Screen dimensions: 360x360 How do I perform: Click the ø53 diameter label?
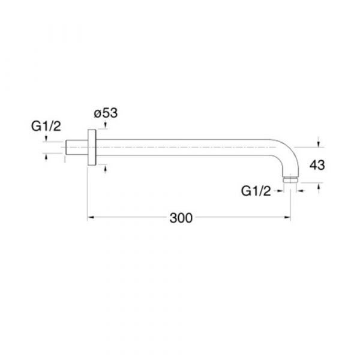click(106, 113)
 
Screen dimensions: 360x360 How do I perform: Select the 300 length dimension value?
click(181, 218)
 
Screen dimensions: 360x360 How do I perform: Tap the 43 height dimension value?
click(317, 165)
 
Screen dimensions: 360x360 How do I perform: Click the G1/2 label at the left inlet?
click(46, 126)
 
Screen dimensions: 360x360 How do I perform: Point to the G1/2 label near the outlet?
click(256, 191)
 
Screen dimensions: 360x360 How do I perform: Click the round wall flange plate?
click(92, 147)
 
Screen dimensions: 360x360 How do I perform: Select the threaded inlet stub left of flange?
click(77, 147)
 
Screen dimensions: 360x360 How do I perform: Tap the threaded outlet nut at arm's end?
click(290, 179)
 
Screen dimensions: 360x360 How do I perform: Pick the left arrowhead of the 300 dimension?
click(91, 217)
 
